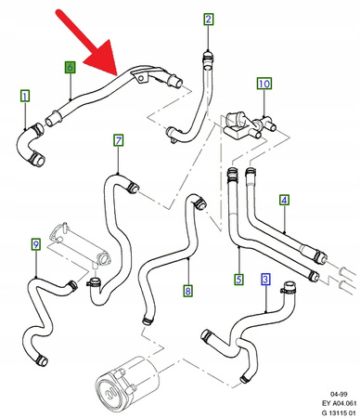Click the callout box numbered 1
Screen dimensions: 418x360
[x=24, y=95]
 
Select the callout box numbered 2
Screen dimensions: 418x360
[x=208, y=20]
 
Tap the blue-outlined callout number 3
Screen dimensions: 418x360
[x=265, y=278]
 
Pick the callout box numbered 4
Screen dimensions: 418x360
[x=284, y=200]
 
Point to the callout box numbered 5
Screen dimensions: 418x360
[x=238, y=278]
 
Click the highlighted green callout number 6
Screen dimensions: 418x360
[x=70, y=68]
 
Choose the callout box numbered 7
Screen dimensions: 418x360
[x=119, y=141]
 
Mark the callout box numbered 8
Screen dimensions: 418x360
[x=187, y=291]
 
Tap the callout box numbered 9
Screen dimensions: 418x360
[x=35, y=244]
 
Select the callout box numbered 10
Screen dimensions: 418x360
[x=264, y=85]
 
